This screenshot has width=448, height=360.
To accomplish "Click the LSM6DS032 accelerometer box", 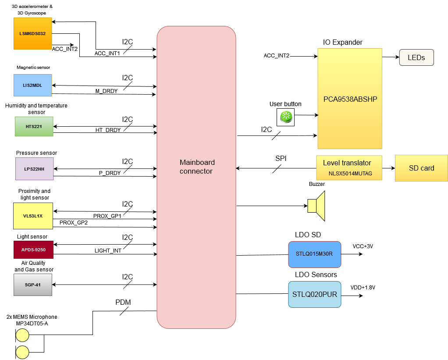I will coord(33,34).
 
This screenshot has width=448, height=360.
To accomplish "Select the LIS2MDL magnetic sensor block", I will coord(33,86).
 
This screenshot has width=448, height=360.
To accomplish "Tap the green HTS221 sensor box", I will coord(34,127).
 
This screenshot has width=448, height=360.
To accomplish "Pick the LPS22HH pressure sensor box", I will coord(34,169).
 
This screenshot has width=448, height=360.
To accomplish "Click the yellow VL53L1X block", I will coord(33,216).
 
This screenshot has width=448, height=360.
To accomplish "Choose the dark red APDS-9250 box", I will coord(34,250).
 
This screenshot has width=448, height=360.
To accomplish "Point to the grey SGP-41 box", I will coord(33,285).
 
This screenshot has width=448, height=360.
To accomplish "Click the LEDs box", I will coord(416,57).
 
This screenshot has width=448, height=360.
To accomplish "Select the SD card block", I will coord(421,168).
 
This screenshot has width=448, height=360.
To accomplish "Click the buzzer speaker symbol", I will coord(316,206).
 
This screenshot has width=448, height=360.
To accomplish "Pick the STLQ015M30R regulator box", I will coord(314,254).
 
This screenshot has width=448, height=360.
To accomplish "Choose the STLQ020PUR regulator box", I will coord(314,294).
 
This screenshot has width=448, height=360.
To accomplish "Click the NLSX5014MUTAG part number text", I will coord(350,174).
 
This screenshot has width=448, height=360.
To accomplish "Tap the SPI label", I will coord(281,159).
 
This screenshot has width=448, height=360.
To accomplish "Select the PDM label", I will coord(123,302).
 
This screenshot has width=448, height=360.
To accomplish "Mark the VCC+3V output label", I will coord(363,246).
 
